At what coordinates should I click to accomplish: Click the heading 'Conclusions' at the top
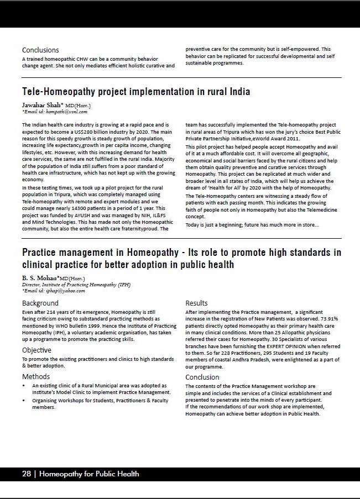pos(40,50)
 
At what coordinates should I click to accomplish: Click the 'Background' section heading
pos(40,303)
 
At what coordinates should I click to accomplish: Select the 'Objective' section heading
pos(36,350)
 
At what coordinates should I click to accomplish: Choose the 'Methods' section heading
pos(36,376)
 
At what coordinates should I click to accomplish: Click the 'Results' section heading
pos(196,303)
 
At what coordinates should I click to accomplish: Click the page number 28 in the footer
pos(26,474)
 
